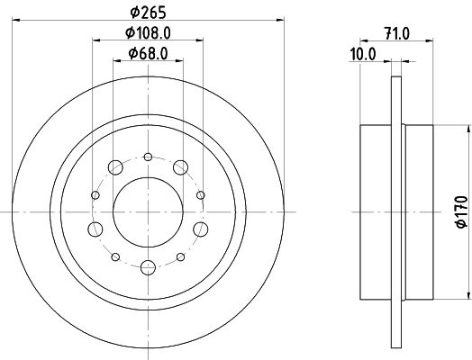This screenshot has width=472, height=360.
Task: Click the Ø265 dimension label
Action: pos(148,13)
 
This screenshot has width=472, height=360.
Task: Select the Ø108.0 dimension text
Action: pos(148,32)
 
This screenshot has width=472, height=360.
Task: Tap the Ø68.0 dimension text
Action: pos(148,53)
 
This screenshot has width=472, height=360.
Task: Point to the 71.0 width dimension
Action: pos(397,33)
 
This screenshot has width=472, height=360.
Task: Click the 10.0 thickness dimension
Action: pos(363,55)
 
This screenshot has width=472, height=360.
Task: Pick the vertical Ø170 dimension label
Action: pos(462,211)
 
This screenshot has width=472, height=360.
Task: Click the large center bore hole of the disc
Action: pos(148,212)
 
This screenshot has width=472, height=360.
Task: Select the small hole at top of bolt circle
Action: pos(148,157)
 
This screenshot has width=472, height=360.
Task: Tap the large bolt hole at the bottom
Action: pos(148,267)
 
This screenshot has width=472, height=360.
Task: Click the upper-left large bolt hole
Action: pos(115,167)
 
